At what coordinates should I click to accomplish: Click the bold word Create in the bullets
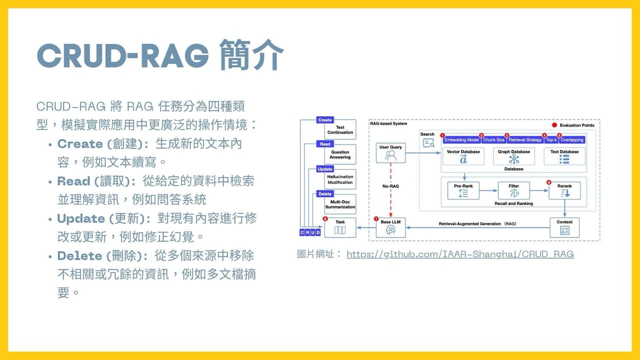[x=80, y=144]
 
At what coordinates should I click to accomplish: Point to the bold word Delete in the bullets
[x=79, y=256]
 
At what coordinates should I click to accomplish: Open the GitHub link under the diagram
[x=459, y=254]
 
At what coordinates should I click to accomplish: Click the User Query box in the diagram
[x=390, y=153]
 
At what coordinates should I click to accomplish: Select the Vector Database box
[x=463, y=156]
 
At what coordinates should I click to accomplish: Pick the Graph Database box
[x=513, y=156]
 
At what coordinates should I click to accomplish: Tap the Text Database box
[x=564, y=156]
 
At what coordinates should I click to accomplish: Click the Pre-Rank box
[x=463, y=190]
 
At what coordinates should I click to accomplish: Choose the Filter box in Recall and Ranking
[x=513, y=190]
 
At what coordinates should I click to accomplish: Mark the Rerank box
[x=564, y=190]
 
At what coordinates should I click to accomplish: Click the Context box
[x=564, y=227]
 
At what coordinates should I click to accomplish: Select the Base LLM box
[x=390, y=227]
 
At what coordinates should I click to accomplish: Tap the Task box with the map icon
[x=340, y=227]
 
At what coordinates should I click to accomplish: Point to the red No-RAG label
[x=390, y=186]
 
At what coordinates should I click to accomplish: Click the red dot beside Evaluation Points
[x=554, y=125]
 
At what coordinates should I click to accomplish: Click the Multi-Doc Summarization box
[x=340, y=204]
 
